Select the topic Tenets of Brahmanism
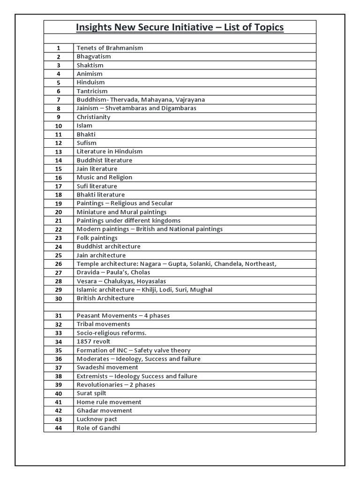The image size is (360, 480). point(110,48)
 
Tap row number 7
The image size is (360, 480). point(59,100)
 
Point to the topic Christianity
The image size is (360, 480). point(94,117)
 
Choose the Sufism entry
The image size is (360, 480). point(87,143)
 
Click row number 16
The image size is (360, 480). point(59,178)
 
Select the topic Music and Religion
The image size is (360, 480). point(105,178)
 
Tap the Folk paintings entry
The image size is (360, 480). point(97,238)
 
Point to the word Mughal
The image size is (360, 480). point(202,290)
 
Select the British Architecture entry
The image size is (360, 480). point(105,298)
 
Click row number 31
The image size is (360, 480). point(59,316)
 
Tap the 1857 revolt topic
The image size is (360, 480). point(94,342)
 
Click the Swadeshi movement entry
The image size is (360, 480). point(107,367)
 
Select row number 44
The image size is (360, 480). point(59,428)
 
